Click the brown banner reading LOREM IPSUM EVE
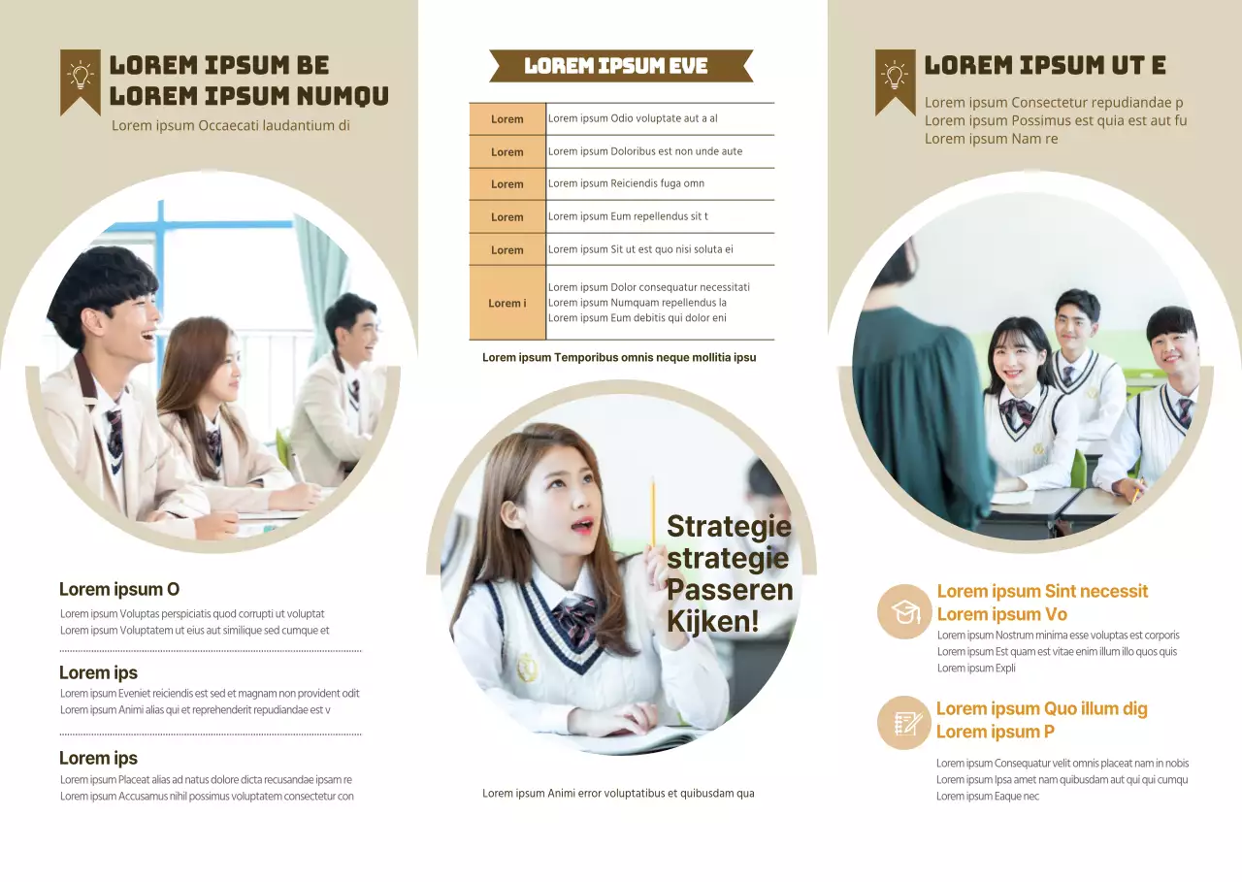pyautogui.click(x=621, y=66)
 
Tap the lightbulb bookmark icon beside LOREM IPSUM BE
pyautogui.click(x=81, y=81)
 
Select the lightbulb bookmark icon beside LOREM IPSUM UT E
pyautogui.click(x=896, y=81)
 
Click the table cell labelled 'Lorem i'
pyautogui.click(x=507, y=303)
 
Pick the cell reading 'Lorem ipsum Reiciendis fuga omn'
pyautogui.click(x=660, y=183)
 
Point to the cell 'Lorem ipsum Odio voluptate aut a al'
pyautogui.click(x=660, y=118)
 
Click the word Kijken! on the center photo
pyautogui.click(x=713, y=621)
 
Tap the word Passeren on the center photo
pyautogui.click(x=730, y=589)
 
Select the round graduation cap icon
pyautogui.click(x=904, y=611)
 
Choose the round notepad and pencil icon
pyautogui.click(x=904, y=723)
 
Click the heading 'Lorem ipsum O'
pyautogui.click(x=119, y=589)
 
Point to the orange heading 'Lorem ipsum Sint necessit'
pyautogui.click(x=1042, y=591)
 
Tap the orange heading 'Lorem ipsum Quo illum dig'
pyautogui.click(x=1042, y=708)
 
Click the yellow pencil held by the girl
pyautogui.click(x=653, y=512)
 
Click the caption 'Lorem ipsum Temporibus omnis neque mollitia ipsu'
pyautogui.click(x=619, y=358)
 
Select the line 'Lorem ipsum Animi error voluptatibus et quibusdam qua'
pyautogui.click(x=618, y=794)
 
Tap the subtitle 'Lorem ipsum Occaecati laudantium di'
pyautogui.click(x=231, y=126)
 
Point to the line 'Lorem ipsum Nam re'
pyautogui.click(x=991, y=139)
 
